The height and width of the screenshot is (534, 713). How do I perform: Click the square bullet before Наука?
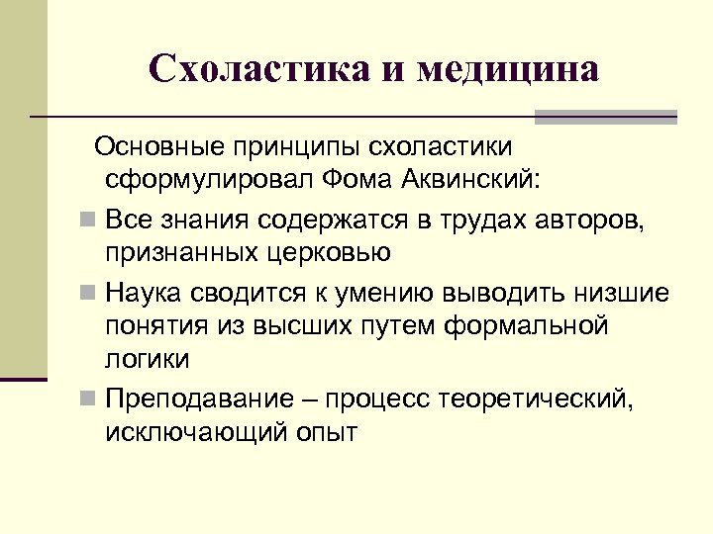tap(89, 294)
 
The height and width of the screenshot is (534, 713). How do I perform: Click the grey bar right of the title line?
tap(605, 117)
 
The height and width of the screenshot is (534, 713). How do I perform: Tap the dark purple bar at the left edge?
tap(23, 378)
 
